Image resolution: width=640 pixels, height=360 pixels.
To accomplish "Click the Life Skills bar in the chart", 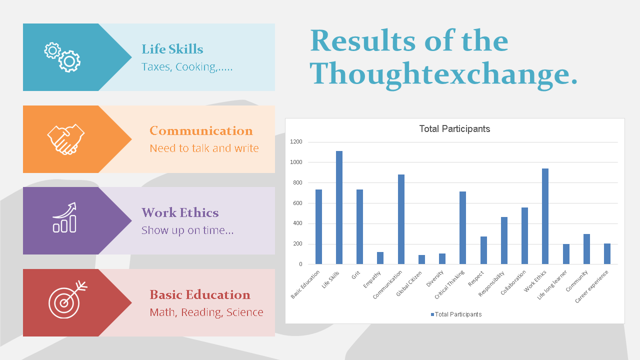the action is click(339, 207).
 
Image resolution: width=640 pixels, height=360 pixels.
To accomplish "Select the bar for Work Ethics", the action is click(545, 216).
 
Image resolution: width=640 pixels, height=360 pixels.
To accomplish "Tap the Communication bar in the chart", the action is click(401, 219).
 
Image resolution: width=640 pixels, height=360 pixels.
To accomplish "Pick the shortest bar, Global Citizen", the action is click(421, 259).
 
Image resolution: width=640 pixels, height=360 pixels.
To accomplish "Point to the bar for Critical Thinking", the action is click(463, 227).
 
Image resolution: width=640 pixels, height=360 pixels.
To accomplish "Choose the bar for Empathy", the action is click(380, 258).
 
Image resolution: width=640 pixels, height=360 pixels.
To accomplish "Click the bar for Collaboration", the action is click(524, 235).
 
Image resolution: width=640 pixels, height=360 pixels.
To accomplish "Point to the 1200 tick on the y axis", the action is click(296, 141).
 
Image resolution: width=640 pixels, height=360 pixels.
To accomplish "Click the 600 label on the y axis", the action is click(297, 203).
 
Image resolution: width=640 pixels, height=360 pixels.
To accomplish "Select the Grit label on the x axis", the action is click(355, 275).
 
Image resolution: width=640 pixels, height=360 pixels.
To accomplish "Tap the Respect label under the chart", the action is click(476, 278).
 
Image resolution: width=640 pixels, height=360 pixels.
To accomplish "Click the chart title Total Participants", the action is click(454, 129).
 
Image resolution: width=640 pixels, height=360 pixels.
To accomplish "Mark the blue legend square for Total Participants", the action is click(432, 314).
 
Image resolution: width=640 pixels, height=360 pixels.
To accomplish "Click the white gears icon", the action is click(62, 57).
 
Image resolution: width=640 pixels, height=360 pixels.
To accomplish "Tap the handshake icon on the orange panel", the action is click(66, 139).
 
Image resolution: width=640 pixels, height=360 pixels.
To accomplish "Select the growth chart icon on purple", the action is click(65, 217).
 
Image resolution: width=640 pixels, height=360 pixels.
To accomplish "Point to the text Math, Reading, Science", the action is click(206, 312).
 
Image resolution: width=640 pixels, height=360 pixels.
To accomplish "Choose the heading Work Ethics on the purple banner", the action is click(180, 213).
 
